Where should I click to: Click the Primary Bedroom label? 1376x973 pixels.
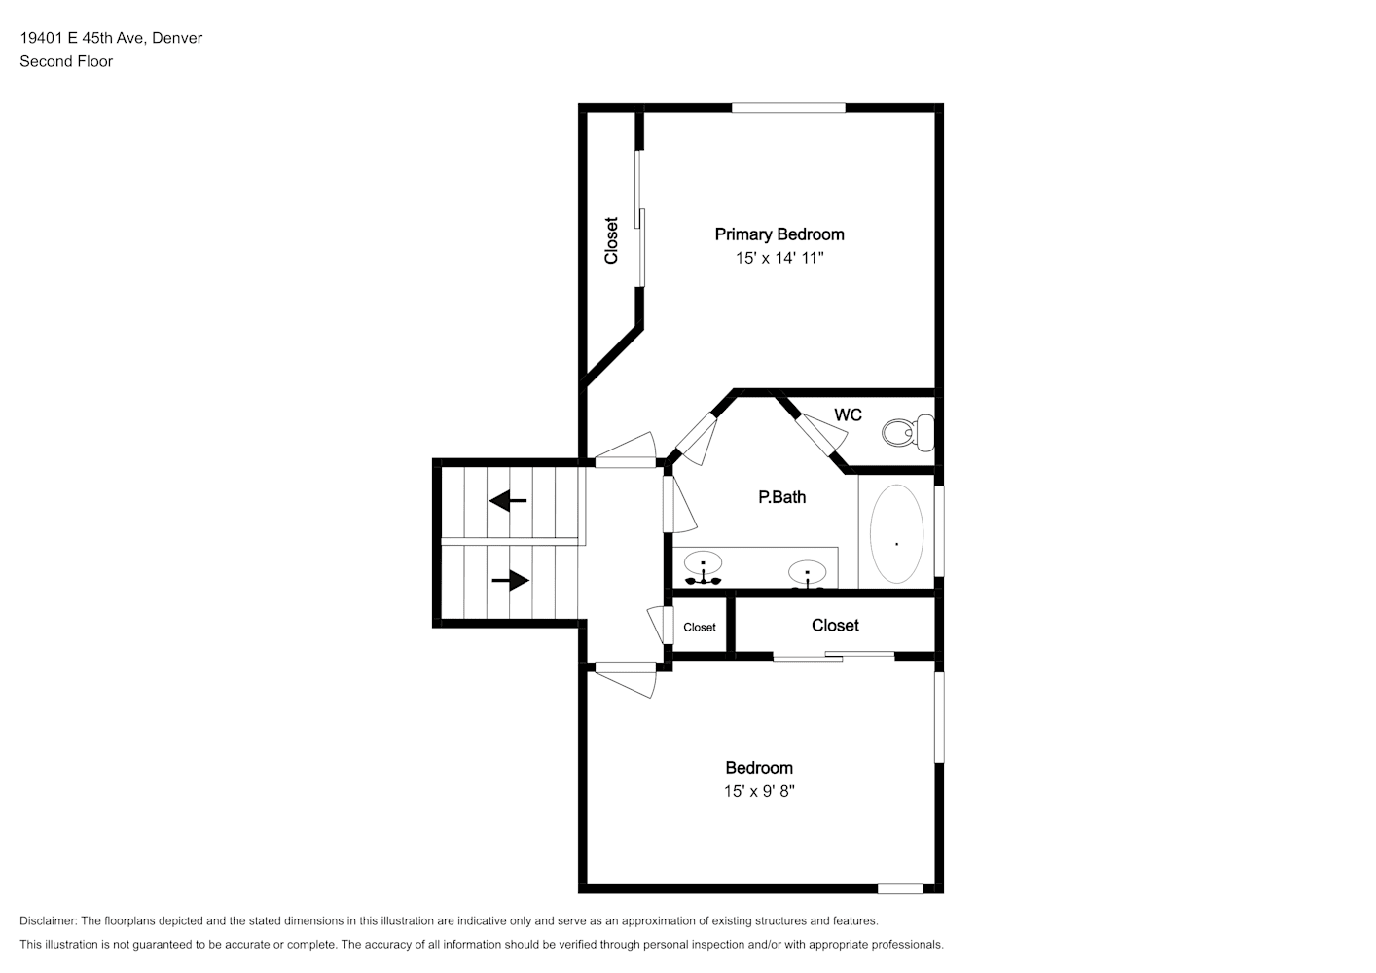tap(779, 234)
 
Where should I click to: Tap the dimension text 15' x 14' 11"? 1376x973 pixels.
tap(779, 258)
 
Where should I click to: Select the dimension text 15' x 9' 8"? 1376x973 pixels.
tap(759, 791)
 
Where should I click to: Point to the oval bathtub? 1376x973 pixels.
tap(896, 534)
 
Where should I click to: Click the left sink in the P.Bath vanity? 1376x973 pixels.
tap(703, 568)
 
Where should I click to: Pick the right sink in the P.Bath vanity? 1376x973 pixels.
tap(807, 574)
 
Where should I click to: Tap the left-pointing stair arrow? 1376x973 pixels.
tap(508, 501)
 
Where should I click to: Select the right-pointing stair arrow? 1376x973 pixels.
tap(511, 580)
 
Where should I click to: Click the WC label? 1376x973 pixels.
tap(848, 415)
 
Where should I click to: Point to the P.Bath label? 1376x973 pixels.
tap(782, 497)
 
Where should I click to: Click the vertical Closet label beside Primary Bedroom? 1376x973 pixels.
tap(610, 240)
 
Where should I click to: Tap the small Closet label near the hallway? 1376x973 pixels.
tap(700, 628)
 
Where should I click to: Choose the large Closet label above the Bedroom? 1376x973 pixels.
tap(835, 626)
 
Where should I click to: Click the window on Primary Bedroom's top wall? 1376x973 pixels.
tap(788, 107)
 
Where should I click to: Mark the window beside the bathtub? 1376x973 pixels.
tap(939, 531)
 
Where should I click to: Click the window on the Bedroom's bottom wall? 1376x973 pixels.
tap(900, 889)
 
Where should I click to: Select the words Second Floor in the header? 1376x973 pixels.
tap(66, 61)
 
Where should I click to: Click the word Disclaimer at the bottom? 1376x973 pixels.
tap(49, 920)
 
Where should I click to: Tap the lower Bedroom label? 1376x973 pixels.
tap(759, 768)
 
